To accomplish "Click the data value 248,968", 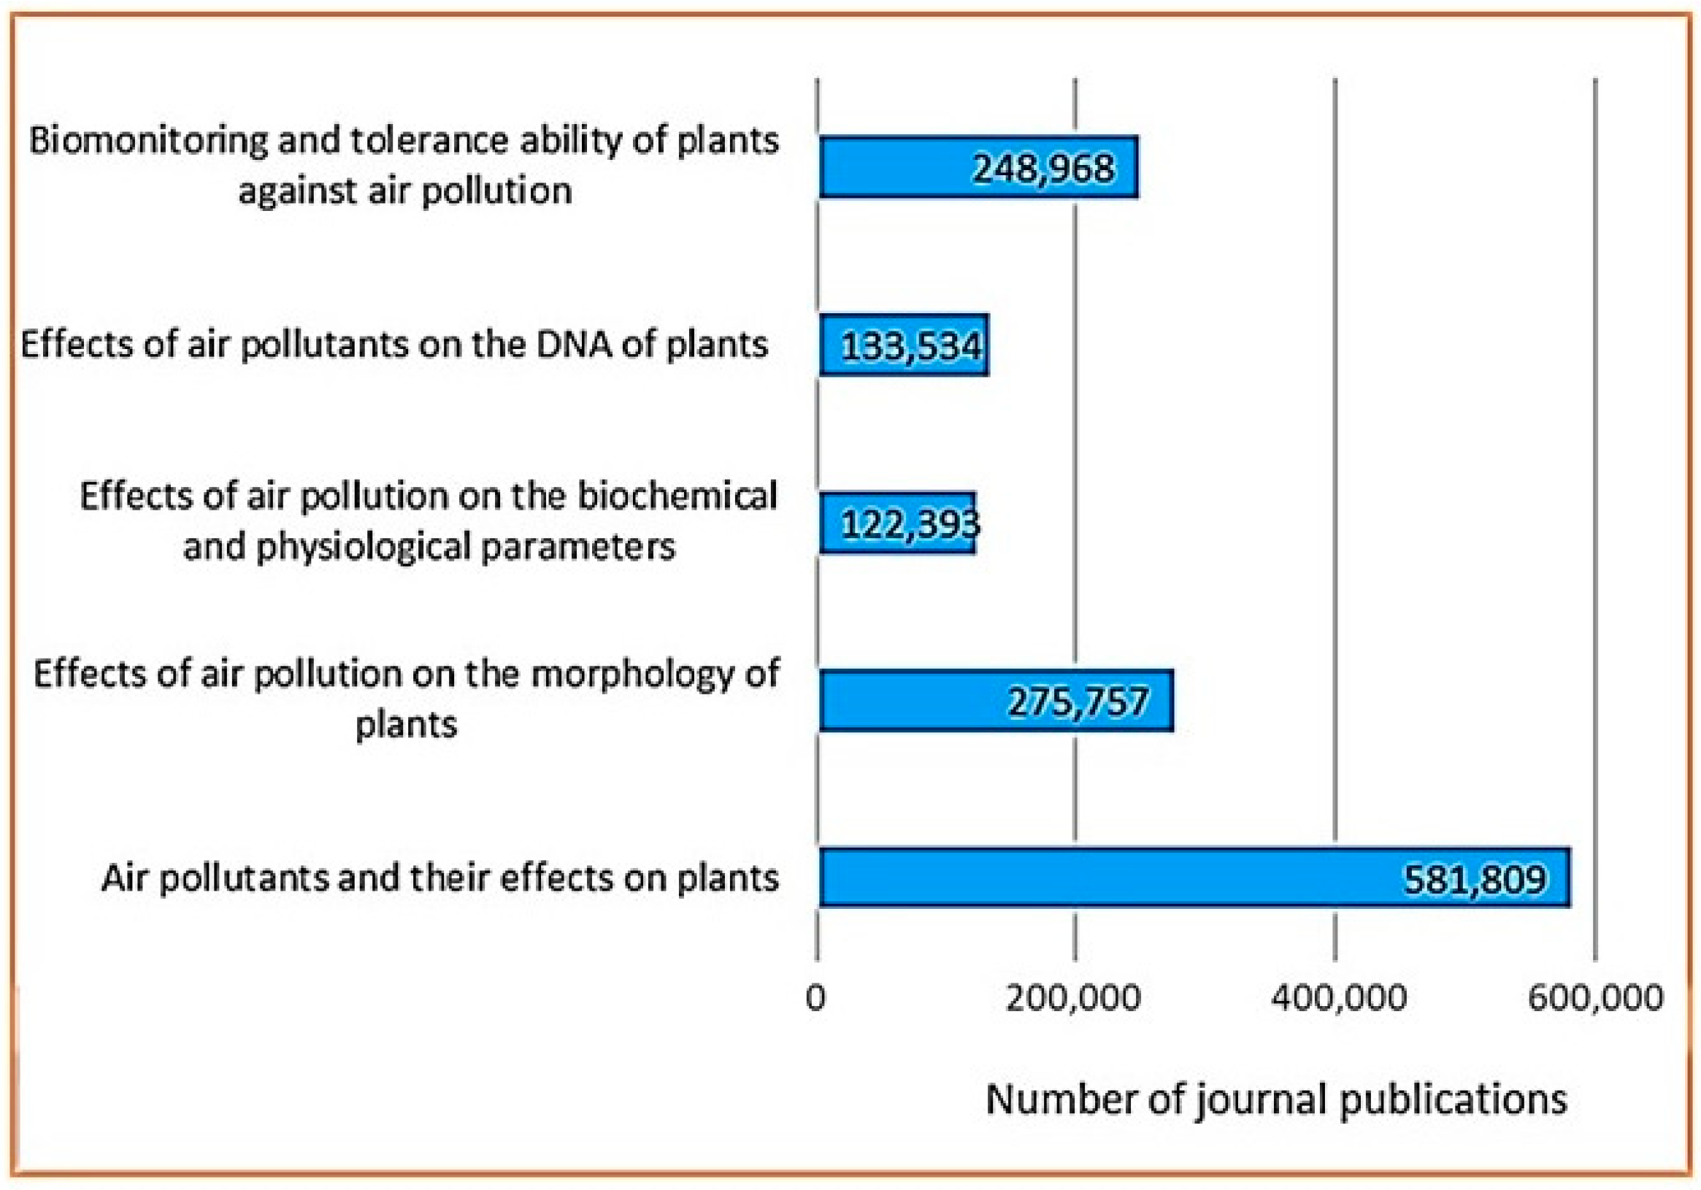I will coord(1043,169).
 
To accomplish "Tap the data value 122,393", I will coord(910,525).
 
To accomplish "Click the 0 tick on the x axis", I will coord(815,998).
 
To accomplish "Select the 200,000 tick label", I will coord(1073,998).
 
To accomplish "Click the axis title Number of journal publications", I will coord(1277,1099).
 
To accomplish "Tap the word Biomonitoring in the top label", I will coord(148,141).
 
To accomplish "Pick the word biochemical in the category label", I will coord(677,496).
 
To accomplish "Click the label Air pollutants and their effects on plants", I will coord(440,878).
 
